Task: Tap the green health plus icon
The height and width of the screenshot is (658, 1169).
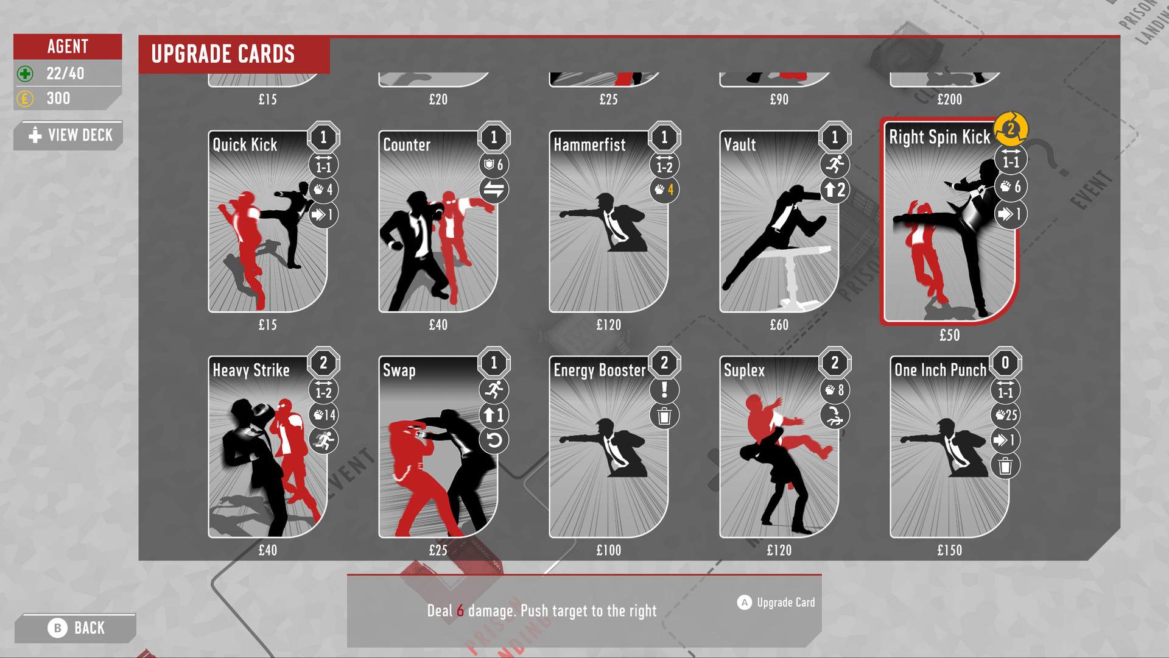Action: [25, 74]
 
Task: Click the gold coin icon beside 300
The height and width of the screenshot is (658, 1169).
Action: [25, 99]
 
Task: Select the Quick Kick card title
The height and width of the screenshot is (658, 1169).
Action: [245, 145]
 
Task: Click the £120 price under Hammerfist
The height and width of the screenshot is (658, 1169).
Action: [608, 325]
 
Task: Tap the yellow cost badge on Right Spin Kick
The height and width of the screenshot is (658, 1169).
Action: [1010, 129]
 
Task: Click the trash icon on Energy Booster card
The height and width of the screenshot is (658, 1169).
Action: [664, 416]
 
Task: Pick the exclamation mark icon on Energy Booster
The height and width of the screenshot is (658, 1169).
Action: [664, 390]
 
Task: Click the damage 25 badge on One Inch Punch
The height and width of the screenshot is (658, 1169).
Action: [1006, 416]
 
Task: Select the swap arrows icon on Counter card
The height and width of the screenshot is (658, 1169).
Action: [494, 190]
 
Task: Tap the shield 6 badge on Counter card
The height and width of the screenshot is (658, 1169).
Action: [494, 164]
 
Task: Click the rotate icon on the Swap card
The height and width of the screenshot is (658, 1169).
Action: [494, 440]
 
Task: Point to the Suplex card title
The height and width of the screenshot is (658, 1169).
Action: [744, 370]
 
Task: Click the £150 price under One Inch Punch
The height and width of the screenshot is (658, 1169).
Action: [949, 551]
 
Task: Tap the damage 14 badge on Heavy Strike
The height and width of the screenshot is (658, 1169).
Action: [324, 416]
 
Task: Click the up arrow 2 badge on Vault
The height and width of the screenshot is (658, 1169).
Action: [835, 190]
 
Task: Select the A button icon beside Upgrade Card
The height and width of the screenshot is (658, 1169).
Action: [744, 603]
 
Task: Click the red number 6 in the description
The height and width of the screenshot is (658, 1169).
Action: [460, 611]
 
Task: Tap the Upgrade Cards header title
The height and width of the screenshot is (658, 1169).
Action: [223, 54]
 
